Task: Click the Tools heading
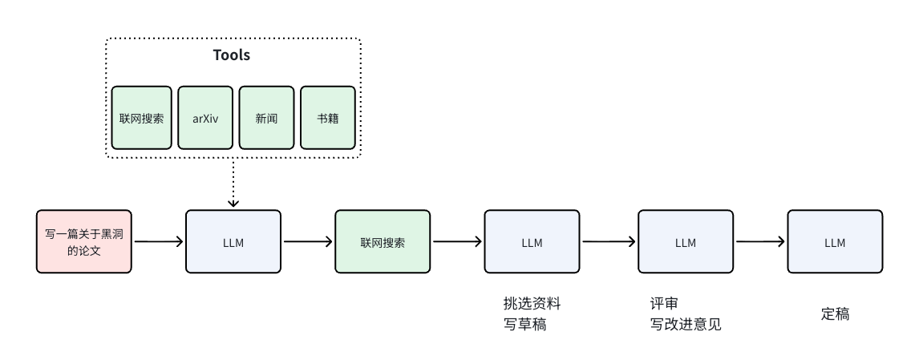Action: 232,55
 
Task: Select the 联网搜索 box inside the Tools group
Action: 142,118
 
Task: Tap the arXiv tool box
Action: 205,118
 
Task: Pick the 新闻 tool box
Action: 266,118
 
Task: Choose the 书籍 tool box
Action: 327,118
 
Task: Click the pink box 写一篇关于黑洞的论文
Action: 83,241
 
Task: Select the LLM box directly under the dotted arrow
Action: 233,241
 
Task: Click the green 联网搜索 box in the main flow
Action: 383,241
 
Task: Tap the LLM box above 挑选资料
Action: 532,241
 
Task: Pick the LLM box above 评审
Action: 685,241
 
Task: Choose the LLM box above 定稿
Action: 835,241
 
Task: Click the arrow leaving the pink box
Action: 158,241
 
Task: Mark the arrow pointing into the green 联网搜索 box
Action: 308,241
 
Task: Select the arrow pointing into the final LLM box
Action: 760,241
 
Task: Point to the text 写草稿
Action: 524,325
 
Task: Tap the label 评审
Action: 664,304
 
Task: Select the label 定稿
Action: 835,314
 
